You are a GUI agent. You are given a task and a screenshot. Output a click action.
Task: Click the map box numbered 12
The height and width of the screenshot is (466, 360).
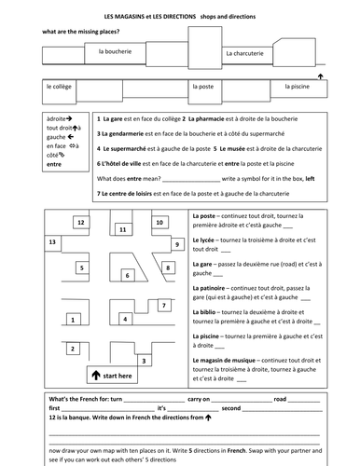(x=81, y=224)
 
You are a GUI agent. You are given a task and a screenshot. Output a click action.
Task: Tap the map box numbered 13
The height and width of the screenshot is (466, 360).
(x=51, y=241)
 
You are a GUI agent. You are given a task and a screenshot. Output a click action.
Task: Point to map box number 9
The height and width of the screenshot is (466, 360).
(x=177, y=244)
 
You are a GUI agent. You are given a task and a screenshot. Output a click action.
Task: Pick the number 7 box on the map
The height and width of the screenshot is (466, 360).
(x=164, y=305)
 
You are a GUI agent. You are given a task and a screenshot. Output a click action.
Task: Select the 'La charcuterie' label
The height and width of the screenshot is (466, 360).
(x=245, y=54)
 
